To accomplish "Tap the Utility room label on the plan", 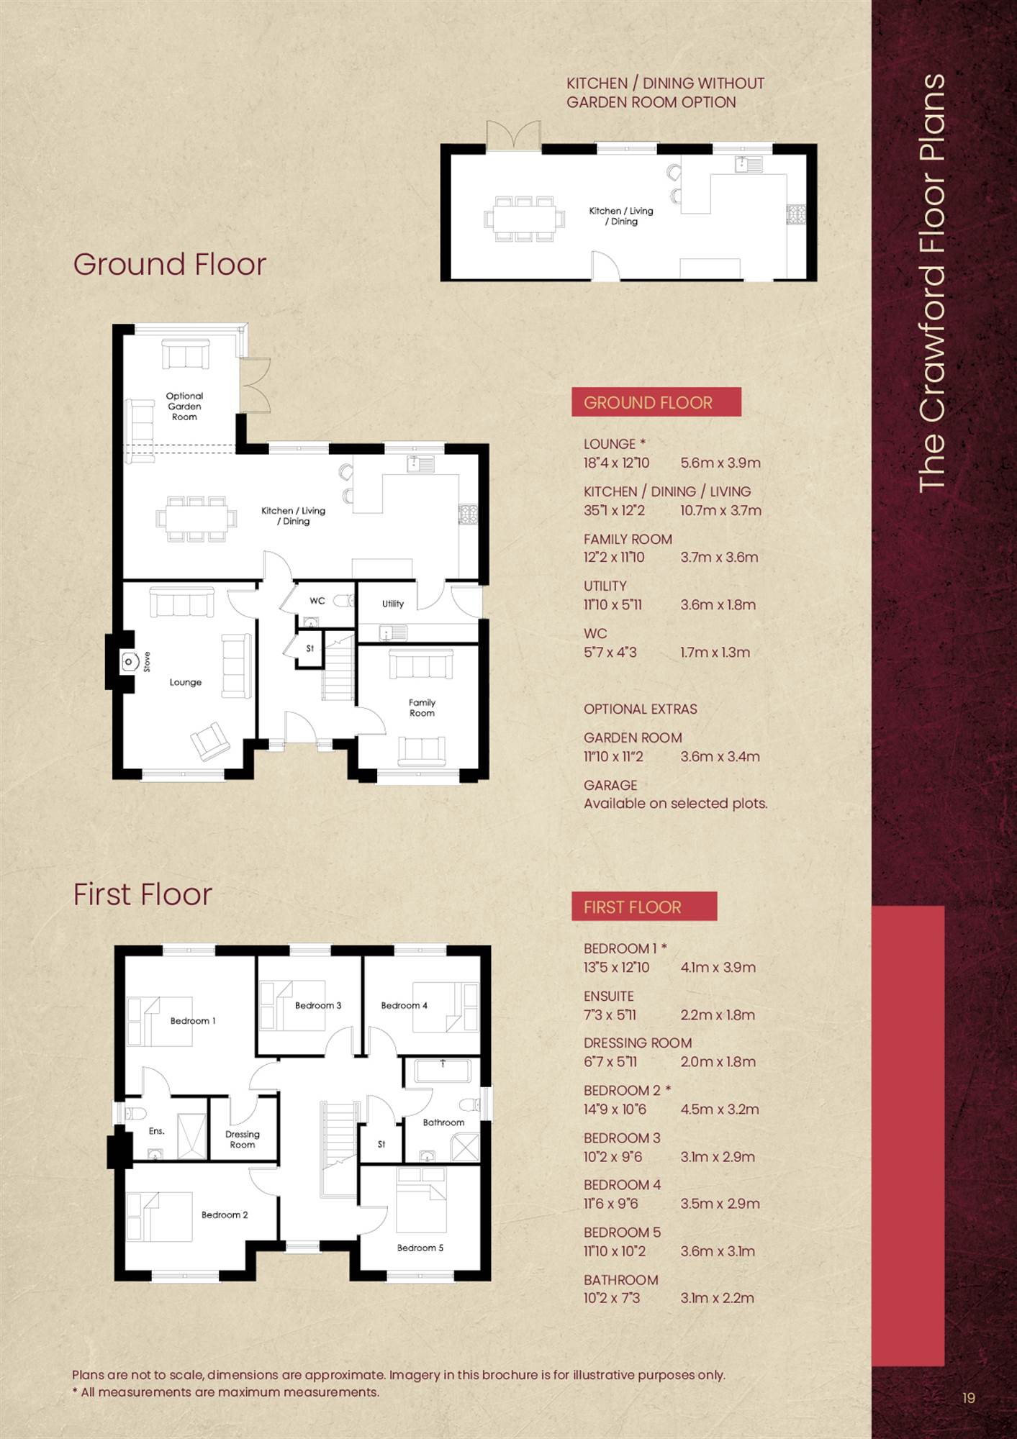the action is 393,604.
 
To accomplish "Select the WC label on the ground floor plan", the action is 317,601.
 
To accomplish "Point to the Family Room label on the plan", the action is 422,707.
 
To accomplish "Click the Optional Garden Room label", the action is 184,407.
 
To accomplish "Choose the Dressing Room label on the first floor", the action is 243,1139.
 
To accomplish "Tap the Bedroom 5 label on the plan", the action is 420,1248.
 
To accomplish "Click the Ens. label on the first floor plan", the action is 157,1131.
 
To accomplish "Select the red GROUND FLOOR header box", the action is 656,402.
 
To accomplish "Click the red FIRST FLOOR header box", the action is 645,907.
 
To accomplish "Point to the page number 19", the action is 969,1397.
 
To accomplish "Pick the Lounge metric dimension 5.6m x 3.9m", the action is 720,463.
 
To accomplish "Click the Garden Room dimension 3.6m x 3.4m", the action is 720,756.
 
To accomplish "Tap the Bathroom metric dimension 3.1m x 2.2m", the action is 718,1298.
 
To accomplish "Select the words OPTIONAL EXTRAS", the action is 641,709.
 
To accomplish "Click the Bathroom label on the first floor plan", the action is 443,1122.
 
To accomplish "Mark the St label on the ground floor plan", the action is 310,648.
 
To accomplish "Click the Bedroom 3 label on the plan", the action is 318,1005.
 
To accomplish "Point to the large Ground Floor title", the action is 170,264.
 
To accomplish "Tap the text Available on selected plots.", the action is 676,803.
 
